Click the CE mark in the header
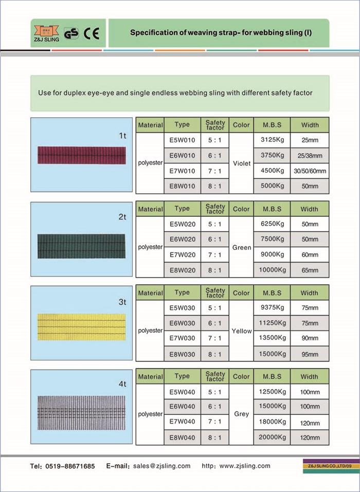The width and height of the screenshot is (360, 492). pos(92,33)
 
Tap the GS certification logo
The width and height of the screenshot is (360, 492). pos(71,33)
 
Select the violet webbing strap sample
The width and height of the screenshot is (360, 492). pos(81,155)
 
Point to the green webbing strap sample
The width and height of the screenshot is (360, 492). pos(81,246)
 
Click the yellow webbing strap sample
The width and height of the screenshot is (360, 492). pos(81,327)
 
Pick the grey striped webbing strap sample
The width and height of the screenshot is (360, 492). pos(81,412)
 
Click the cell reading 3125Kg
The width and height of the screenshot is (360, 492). pos(272,140)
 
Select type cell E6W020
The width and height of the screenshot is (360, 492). pos(182,240)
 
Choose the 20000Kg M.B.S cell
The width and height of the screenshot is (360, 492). pos(272,437)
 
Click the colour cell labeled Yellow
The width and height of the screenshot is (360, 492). pos(241,331)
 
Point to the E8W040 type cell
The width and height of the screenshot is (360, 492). pos(182,438)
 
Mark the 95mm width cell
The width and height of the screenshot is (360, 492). pos(309,354)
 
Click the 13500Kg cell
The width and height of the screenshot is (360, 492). pos(272,338)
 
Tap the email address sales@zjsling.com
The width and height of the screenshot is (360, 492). pos(161,466)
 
